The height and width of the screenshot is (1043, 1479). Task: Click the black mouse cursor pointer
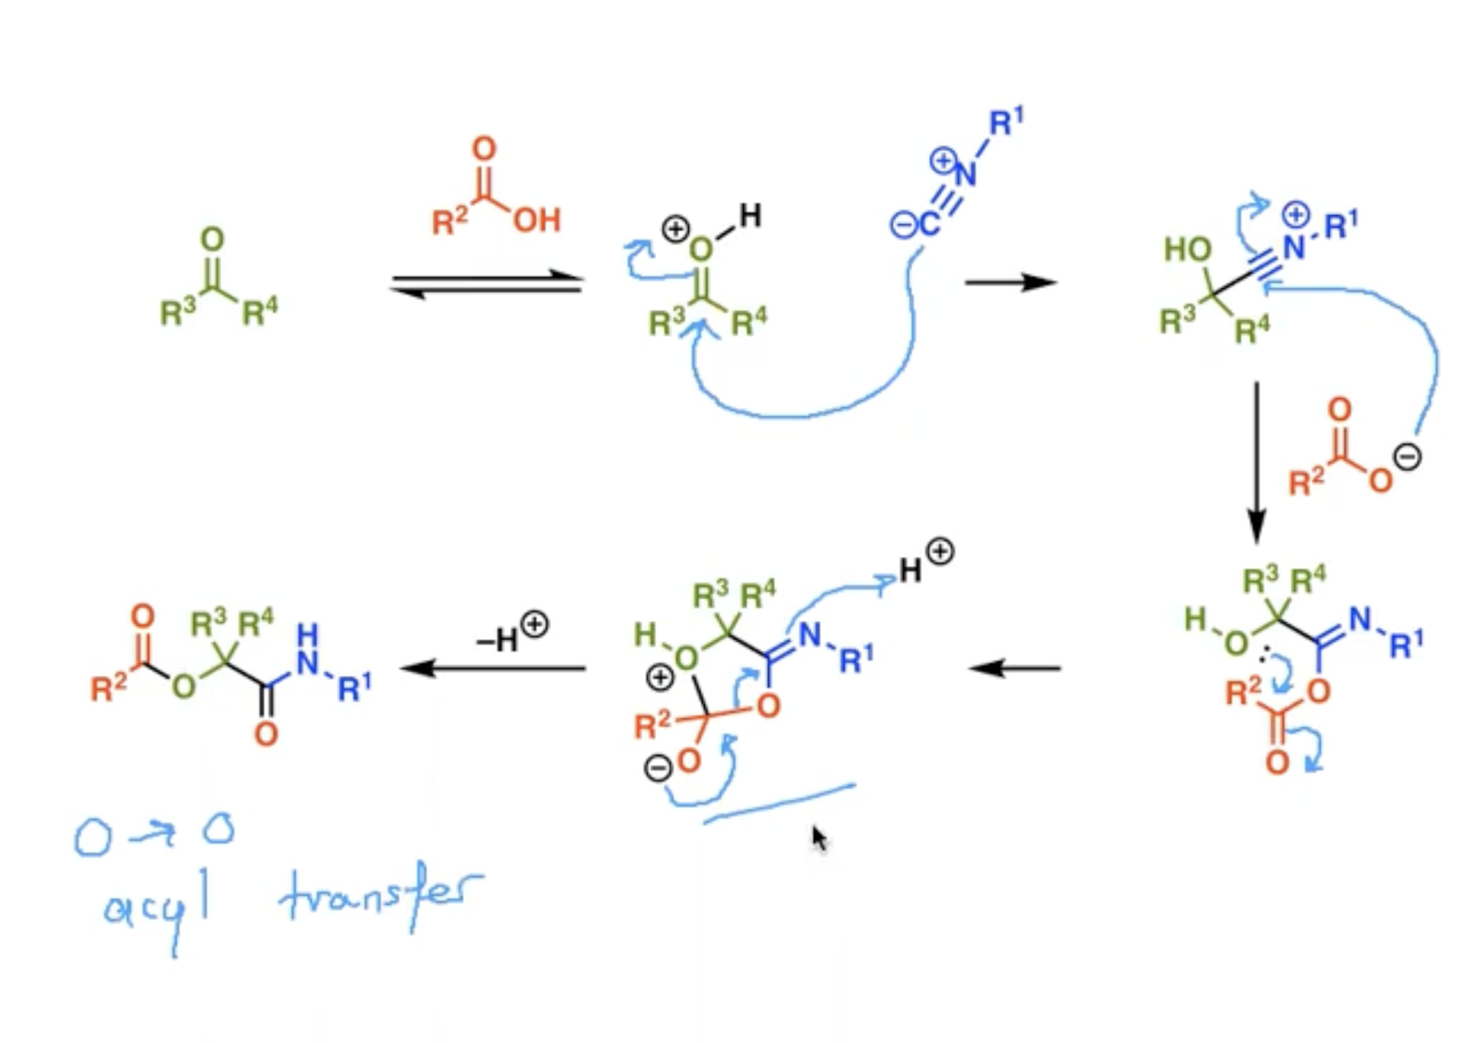pyautogui.click(x=819, y=838)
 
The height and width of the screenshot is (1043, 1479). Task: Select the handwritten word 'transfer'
pyautogui.click(x=382, y=898)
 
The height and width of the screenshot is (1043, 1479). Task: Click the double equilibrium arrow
pyautogui.click(x=487, y=284)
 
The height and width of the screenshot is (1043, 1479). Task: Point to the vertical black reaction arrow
pyautogui.click(x=1256, y=463)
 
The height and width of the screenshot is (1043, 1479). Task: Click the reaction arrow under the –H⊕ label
pyautogui.click(x=493, y=669)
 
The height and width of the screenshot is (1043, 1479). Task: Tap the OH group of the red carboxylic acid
pyautogui.click(x=537, y=220)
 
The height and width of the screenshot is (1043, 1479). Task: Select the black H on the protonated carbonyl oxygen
pyautogui.click(x=750, y=215)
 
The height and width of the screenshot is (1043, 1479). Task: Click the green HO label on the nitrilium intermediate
pyautogui.click(x=1187, y=250)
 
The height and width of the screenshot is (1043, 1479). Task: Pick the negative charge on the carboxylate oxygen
pyautogui.click(x=1408, y=457)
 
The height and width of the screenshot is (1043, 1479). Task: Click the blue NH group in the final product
pyautogui.click(x=308, y=650)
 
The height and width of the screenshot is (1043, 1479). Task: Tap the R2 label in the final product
pyautogui.click(x=108, y=688)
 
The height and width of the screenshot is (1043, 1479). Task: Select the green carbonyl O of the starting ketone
pyautogui.click(x=212, y=239)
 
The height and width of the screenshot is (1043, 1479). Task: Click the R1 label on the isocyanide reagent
pyautogui.click(x=1006, y=122)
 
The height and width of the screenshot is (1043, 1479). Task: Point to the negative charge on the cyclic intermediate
pyautogui.click(x=658, y=768)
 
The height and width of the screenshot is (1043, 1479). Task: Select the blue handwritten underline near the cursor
pyautogui.click(x=779, y=804)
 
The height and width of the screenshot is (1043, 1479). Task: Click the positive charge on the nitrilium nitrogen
pyautogui.click(x=1295, y=214)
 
